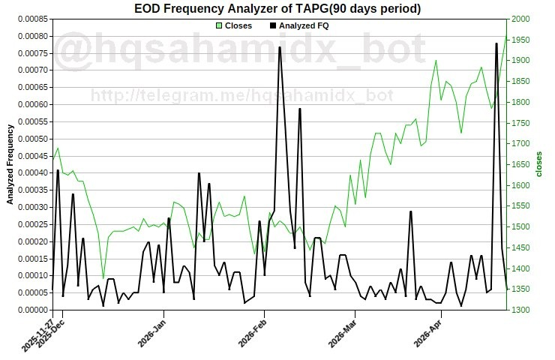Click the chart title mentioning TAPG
pos(277,8)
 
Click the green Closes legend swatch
pos(218,25)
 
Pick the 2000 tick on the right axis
pos(520,19)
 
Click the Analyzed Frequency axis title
pos(10,164)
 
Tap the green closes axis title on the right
pos(538,164)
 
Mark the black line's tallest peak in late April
pos(496,43)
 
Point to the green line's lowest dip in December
pos(103,278)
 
